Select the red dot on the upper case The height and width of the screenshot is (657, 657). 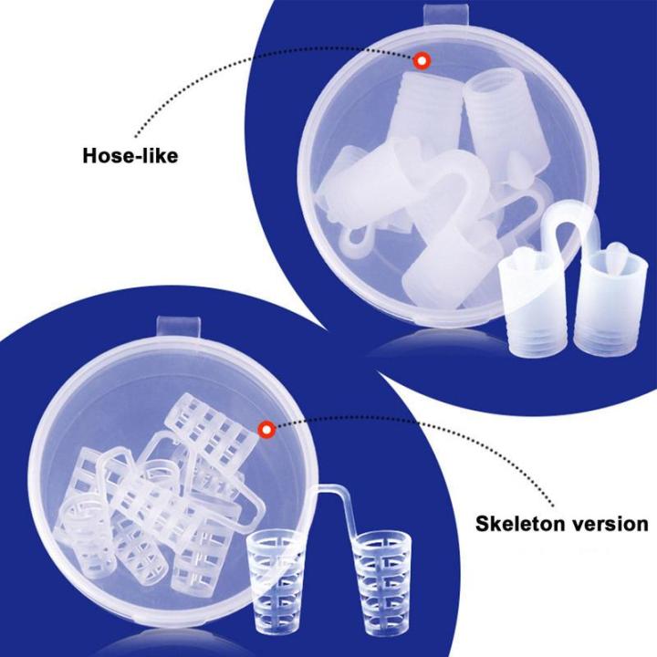click(x=422, y=61)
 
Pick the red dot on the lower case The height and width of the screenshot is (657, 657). click(x=267, y=427)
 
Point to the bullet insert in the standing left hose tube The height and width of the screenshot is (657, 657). click(x=528, y=258)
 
